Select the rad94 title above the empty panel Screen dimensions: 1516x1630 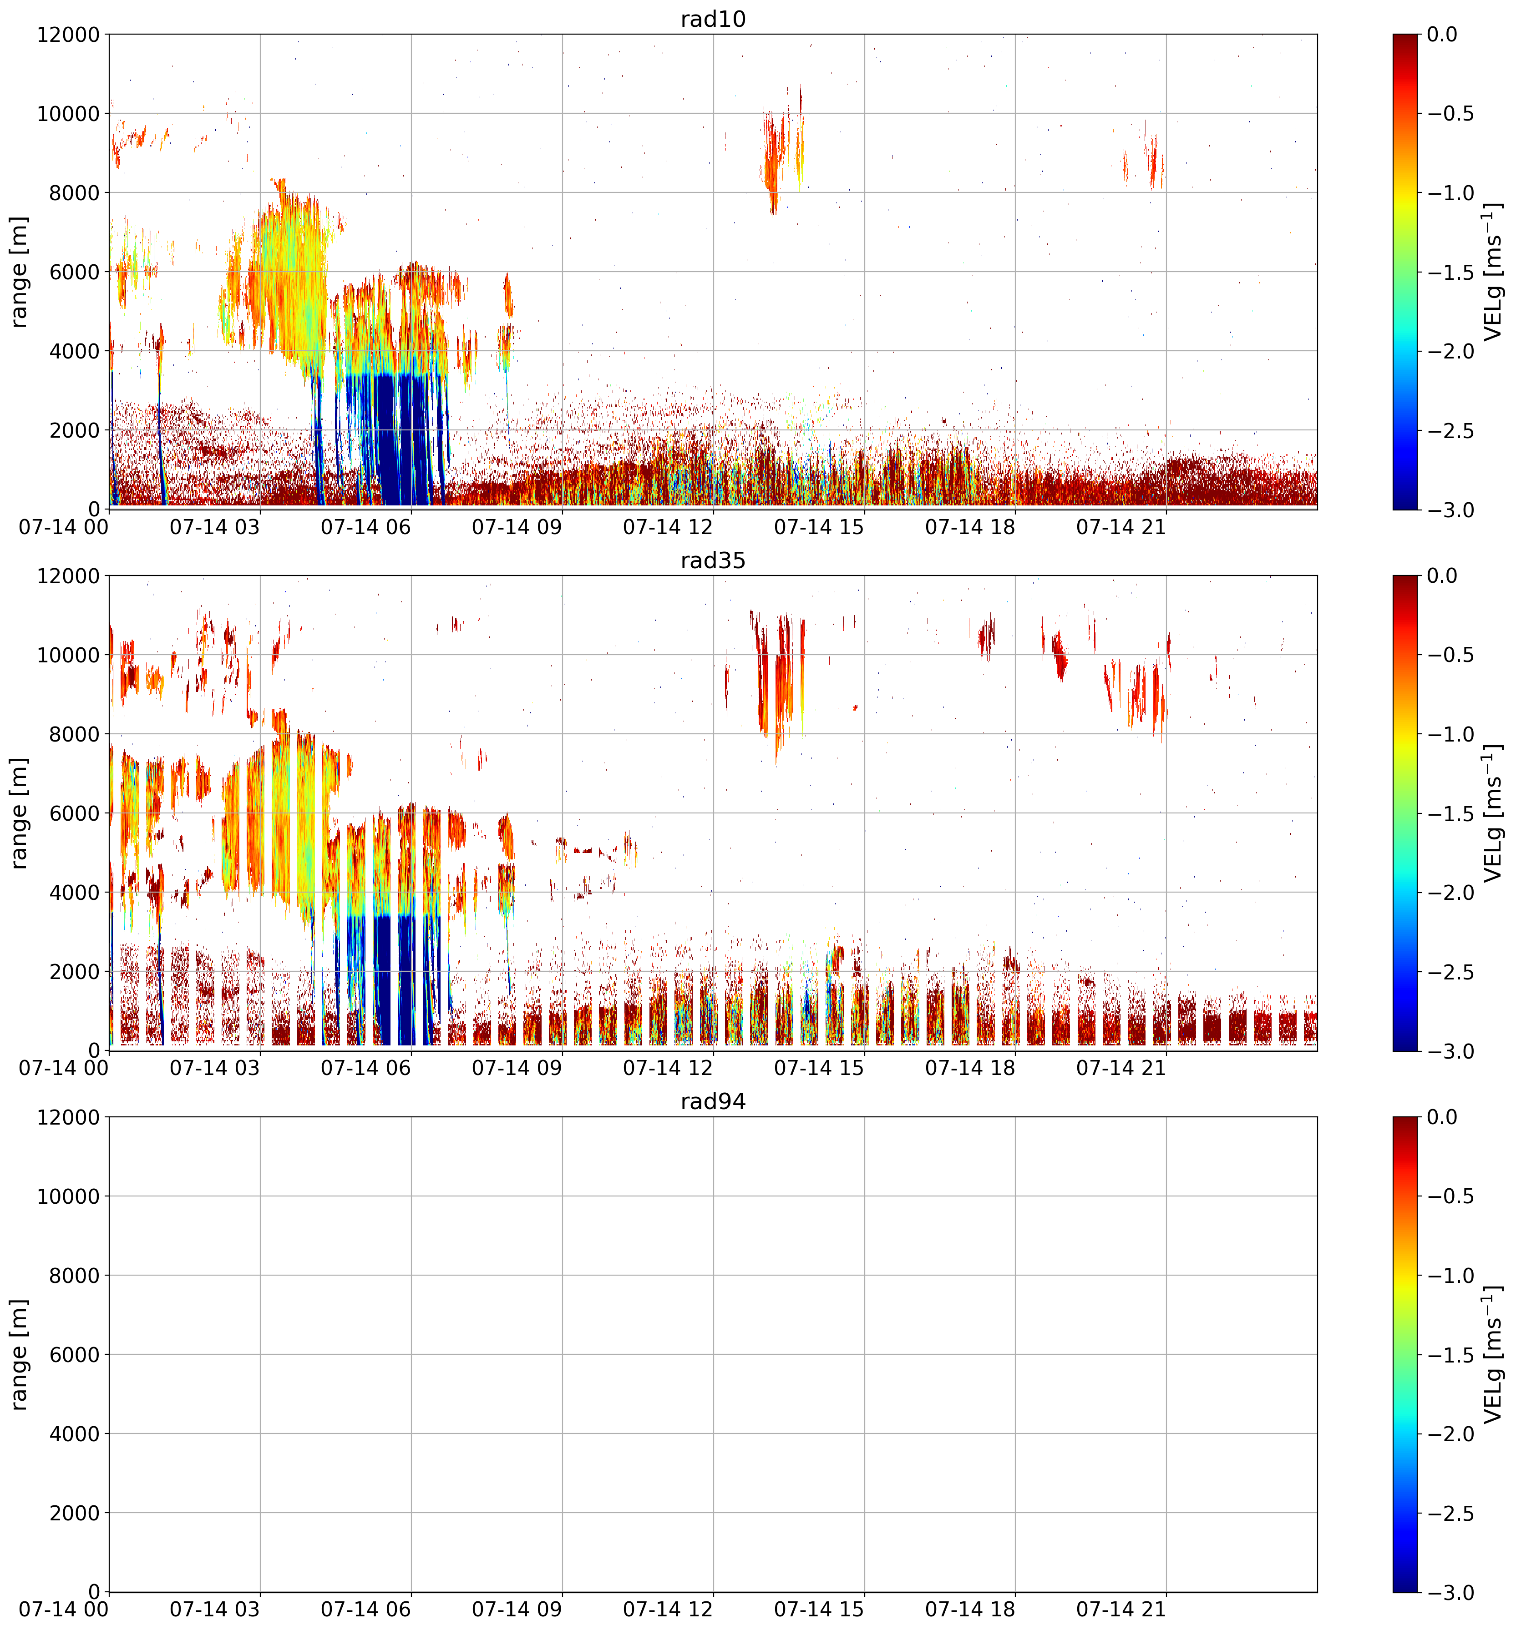click(x=713, y=1101)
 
